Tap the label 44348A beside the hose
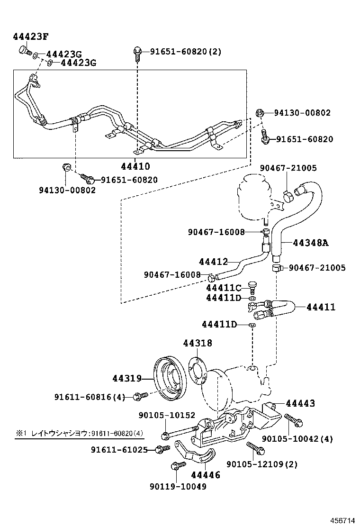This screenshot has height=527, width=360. pos(310,243)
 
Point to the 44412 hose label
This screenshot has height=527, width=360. pos(213,262)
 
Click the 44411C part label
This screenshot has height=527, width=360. pos(224,288)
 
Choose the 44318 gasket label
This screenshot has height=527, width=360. pos(198,343)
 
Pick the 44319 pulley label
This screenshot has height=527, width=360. pos(127,378)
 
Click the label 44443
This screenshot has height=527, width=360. pos(300,403)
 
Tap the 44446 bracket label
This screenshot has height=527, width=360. pos(206,474)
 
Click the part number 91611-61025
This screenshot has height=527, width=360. pos(119,449)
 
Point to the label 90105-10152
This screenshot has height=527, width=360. pos(167,415)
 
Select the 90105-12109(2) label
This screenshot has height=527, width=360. pos(262,464)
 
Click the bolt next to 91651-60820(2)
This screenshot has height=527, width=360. pos(137,53)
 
